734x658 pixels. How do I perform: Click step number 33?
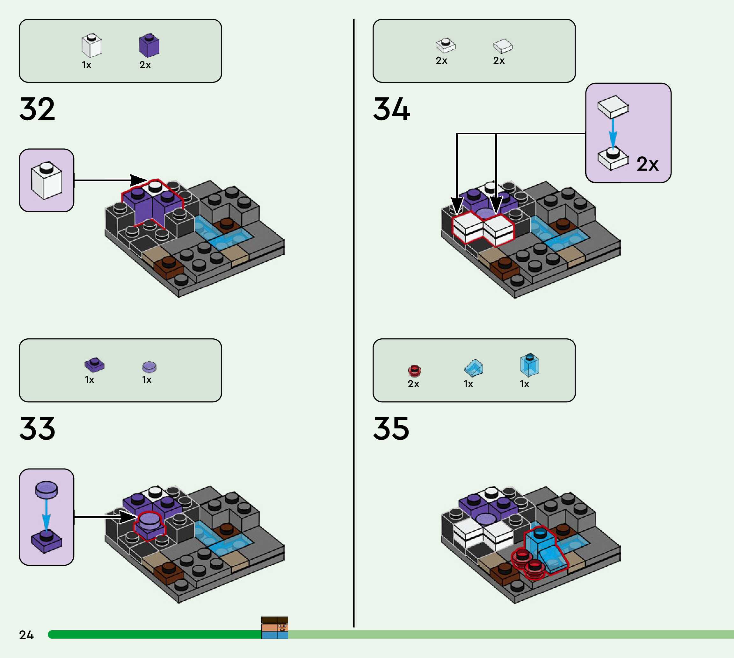point(37,428)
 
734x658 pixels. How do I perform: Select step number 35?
point(391,428)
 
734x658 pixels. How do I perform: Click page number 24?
point(26,635)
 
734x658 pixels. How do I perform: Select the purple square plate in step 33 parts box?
point(94,365)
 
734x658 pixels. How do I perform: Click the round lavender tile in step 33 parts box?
point(149,367)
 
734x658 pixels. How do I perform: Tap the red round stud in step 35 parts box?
point(414,371)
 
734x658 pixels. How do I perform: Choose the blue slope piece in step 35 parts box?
point(474,368)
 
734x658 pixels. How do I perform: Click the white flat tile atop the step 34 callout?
point(613,106)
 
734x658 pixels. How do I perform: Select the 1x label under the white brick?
point(86,65)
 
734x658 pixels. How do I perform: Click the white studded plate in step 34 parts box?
point(446,45)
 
